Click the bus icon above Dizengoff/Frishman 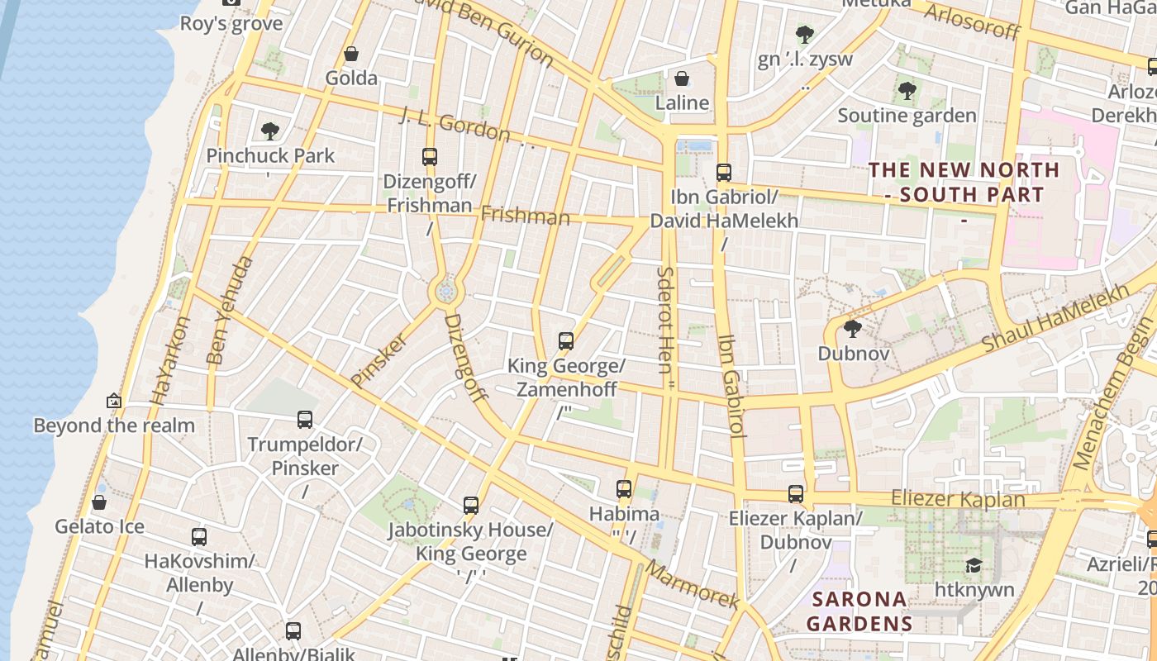coord(429,156)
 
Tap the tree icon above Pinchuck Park coord(269,131)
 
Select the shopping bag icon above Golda coord(351,54)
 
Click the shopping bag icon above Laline coord(682,78)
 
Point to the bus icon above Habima coord(624,489)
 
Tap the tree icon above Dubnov coord(853,329)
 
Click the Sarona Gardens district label coord(859,611)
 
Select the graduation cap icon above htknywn coord(974,565)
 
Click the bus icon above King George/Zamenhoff coord(566,340)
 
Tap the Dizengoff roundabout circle coord(445,291)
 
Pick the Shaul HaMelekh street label coord(1055,319)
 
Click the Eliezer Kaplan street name coord(958,499)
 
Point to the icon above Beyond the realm coord(114,401)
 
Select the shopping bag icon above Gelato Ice coord(99,502)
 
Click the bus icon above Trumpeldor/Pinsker coord(305,420)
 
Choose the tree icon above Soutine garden coord(907,91)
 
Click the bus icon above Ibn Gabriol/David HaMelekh coord(724,172)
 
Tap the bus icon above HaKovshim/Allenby coord(199,537)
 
